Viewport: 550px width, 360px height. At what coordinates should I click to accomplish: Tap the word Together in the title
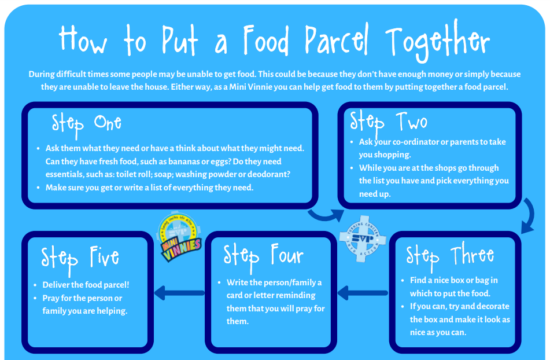pos(437,42)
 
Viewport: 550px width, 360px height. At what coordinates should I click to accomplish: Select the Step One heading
pos(87,125)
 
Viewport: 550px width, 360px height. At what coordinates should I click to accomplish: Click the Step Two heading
pos(389,123)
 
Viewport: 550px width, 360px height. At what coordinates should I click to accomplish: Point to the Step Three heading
pos(450,256)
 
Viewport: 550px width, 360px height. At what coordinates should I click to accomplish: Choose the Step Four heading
pos(263,256)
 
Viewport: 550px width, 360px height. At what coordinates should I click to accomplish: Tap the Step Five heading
pos(80,259)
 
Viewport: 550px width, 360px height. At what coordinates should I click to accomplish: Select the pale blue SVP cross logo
pos(363,239)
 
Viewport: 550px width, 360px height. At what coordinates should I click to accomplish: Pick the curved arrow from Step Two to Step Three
pos(530,216)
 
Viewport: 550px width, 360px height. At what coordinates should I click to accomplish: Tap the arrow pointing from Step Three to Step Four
pos(363,293)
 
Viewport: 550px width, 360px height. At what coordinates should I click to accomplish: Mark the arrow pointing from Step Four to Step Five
pos(179,293)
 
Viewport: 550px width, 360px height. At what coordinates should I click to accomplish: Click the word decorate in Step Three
pos(492,306)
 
